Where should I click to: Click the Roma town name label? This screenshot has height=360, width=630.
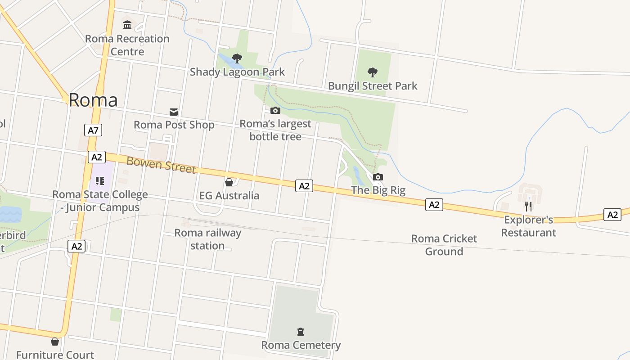pos(93,100)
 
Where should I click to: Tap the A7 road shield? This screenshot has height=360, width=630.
pos(93,130)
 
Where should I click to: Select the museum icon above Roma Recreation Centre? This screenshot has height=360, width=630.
pos(127,25)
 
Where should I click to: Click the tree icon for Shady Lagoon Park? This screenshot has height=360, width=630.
pos(237,58)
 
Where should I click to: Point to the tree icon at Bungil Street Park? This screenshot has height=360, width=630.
pos(372,72)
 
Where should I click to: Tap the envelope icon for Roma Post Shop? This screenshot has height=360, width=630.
pos(174,112)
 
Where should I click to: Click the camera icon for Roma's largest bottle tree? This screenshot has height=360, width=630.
pos(275,110)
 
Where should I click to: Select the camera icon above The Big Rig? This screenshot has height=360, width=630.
pos(378,177)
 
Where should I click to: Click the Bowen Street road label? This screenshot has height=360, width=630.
pos(161,165)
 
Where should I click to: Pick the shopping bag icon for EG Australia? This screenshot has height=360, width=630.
pos(229,182)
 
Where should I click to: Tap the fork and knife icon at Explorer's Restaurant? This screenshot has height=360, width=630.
pos(528,206)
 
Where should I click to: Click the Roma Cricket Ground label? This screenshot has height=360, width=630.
pos(444,245)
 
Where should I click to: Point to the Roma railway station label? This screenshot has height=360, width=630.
pos(207,239)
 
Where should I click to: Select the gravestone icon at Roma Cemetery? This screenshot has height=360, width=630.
pos(301,332)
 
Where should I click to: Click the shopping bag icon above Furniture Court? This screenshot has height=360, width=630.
pos(55,342)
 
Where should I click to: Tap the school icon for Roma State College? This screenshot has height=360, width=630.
pos(100,181)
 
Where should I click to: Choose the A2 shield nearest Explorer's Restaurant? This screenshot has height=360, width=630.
pos(612,215)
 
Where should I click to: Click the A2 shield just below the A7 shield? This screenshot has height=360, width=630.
pos(97,157)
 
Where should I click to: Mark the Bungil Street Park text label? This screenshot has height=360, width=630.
pos(373,86)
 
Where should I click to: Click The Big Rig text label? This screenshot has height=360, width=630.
pos(378,190)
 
